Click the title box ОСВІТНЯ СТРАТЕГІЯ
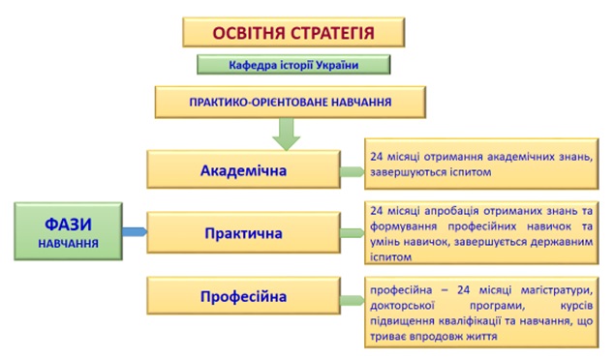(x=292, y=32)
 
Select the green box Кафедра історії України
(x=293, y=66)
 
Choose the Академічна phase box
(x=244, y=170)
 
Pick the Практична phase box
(x=244, y=233)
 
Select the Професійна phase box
(x=244, y=296)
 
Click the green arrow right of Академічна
(x=351, y=172)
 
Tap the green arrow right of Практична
(x=351, y=233)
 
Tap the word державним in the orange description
(x=552, y=243)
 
